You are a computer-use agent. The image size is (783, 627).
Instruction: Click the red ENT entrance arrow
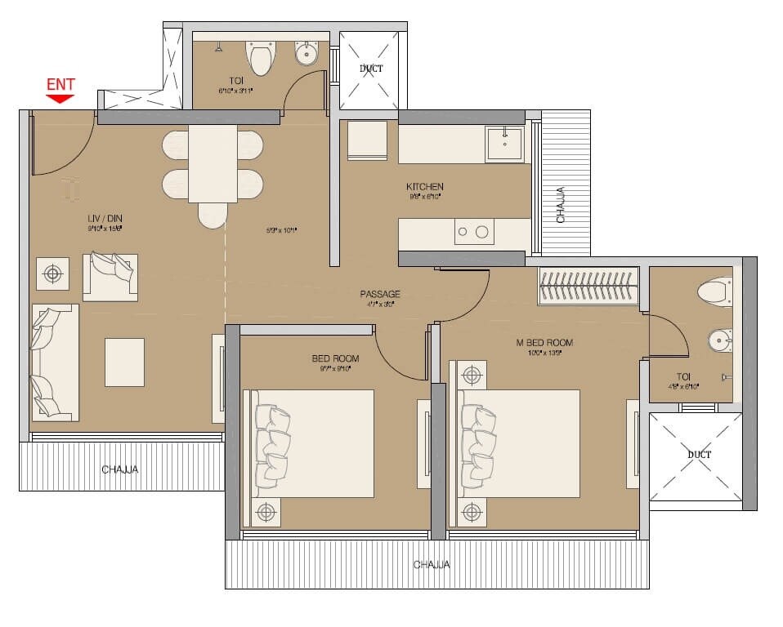[x=60, y=98]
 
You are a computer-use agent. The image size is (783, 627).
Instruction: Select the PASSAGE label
[x=380, y=294]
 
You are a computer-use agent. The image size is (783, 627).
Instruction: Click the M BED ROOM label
[x=544, y=343]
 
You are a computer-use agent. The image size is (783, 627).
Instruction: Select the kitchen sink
[x=504, y=144]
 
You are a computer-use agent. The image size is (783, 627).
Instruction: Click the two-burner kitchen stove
[x=474, y=232]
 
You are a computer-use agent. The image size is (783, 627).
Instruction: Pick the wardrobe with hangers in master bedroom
[x=588, y=287]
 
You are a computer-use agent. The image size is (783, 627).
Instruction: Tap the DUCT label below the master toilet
[x=699, y=455]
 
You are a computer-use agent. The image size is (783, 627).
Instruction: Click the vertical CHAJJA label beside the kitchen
[x=561, y=205]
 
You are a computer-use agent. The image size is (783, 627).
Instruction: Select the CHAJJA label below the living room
[x=120, y=469]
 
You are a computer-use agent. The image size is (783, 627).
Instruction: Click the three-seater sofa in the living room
[x=55, y=362]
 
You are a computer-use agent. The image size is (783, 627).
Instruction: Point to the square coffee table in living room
[x=124, y=362]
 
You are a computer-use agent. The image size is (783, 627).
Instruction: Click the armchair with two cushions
[x=110, y=276]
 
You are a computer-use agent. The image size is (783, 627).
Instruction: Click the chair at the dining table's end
[x=212, y=215]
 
